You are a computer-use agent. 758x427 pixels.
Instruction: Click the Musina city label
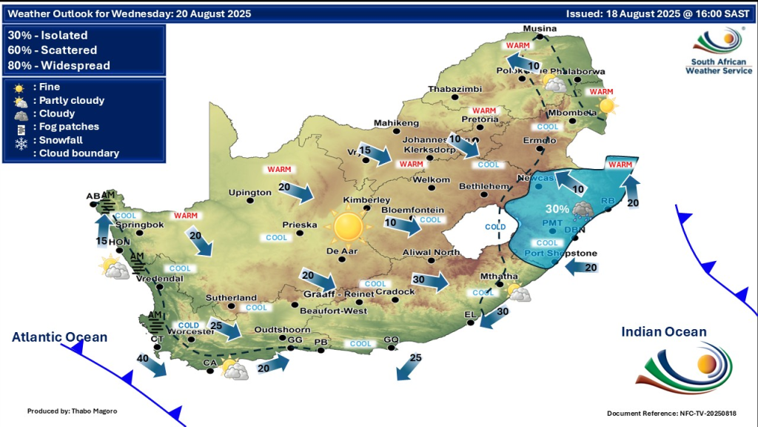click(539, 29)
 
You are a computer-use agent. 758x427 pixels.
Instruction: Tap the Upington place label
click(251, 193)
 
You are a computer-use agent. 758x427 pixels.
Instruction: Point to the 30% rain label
click(557, 209)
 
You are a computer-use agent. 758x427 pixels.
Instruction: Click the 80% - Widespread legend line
click(58, 65)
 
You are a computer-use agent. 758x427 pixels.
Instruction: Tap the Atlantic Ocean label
click(59, 337)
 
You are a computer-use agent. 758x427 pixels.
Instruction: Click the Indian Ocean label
click(664, 332)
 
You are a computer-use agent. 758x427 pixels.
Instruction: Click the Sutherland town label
click(232, 297)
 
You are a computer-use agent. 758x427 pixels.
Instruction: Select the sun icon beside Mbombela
click(607, 106)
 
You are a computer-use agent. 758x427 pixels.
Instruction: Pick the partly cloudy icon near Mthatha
click(518, 293)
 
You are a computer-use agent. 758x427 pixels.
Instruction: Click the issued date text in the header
click(657, 13)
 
